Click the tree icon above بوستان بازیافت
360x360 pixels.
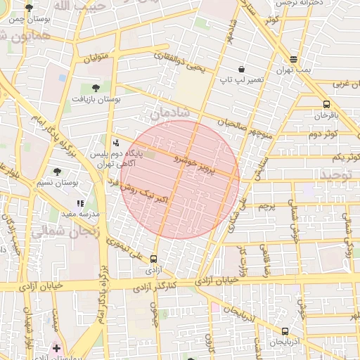click(96, 88)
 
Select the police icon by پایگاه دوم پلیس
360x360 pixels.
click(116, 141)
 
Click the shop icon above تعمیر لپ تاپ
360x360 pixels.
click(242, 70)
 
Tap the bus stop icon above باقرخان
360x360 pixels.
click(326, 104)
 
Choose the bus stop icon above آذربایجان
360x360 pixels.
click(284, 330)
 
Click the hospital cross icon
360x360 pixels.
click(56, 347)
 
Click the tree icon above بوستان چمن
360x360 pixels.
click(28, 8)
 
